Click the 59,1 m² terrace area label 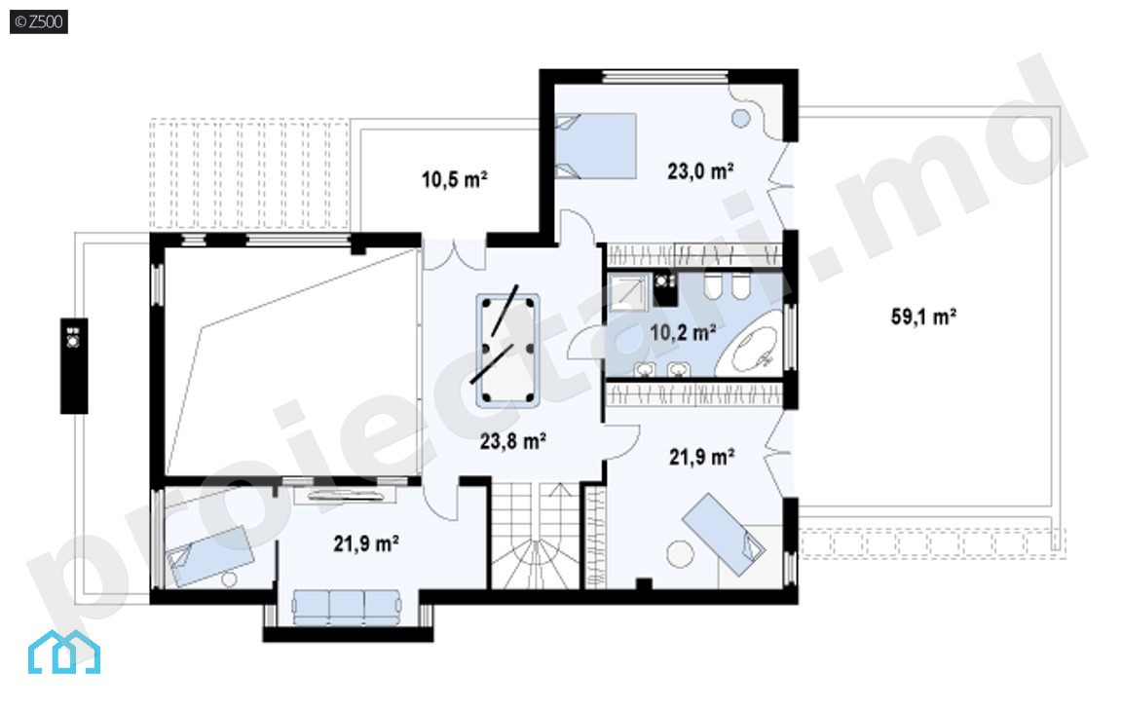coord(923,317)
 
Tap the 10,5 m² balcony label coord(455,179)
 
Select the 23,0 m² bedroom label coord(700,171)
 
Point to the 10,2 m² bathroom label coord(684,332)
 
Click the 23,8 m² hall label coord(513,441)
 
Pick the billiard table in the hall coord(507,351)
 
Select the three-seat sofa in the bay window coord(347,607)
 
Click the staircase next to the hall coord(535,535)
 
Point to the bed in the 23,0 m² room coord(596,145)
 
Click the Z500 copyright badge coord(39,21)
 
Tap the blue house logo coord(63,652)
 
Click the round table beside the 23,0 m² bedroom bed coord(740,118)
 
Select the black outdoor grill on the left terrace coord(74,366)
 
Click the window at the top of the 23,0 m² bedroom coord(665,77)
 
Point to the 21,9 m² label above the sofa coord(366,544)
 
